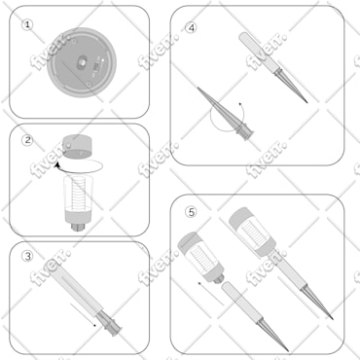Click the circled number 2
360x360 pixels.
click(28, 139)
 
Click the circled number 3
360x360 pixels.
click(28, 257)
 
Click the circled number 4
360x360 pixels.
click(191, 28)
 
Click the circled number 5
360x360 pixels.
click(191, 211)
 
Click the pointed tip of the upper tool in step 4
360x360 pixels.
click(305, 99)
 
